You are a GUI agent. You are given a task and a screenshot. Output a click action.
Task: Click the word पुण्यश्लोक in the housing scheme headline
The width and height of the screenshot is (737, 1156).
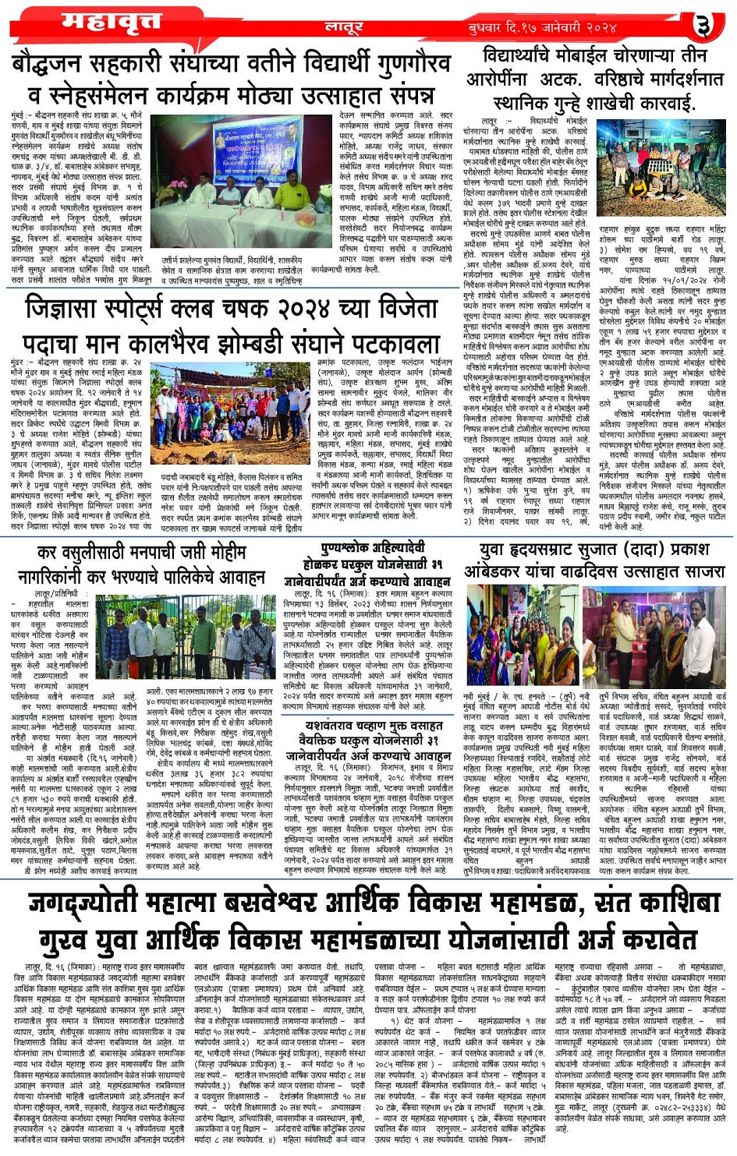349,548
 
